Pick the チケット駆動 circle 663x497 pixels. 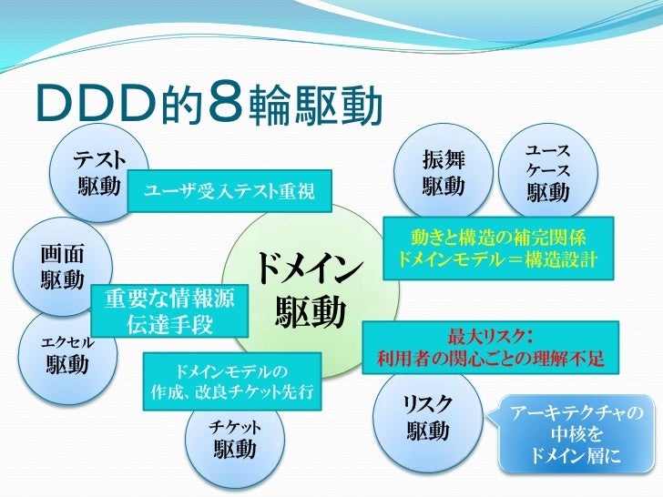[x=234, y=441]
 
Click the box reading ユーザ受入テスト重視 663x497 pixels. [x=229, y=190]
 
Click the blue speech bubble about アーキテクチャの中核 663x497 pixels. [x=576, y=433]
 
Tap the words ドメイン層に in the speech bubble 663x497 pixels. [x=576, y=455]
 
